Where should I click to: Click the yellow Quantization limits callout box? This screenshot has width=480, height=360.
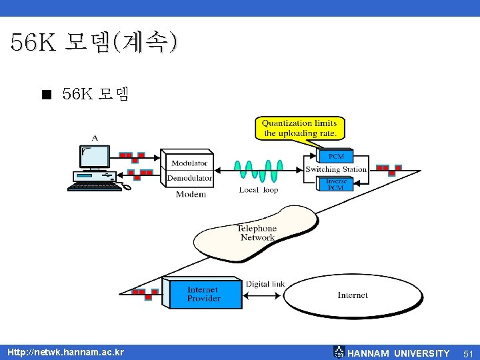299,128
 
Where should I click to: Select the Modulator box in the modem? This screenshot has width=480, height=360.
189,163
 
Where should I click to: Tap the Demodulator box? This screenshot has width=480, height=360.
189,178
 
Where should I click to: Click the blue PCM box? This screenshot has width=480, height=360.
335,157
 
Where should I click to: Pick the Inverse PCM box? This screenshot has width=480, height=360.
335,184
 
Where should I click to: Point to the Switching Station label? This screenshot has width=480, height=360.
336,169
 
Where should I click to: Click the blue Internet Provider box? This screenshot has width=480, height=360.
203,294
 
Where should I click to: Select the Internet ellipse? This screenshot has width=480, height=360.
353,295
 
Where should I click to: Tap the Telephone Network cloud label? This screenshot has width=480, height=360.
257,233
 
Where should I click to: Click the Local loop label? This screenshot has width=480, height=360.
259,190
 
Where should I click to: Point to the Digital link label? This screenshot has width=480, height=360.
265,284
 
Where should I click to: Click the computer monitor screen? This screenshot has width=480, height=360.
95,156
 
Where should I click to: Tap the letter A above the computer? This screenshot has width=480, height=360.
95,137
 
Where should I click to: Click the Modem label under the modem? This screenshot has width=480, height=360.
191,195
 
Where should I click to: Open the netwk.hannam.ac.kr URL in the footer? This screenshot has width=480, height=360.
65,352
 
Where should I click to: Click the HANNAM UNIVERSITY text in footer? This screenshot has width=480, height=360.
399,353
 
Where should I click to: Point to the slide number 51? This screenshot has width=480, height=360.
467,353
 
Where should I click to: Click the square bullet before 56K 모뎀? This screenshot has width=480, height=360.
45,95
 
